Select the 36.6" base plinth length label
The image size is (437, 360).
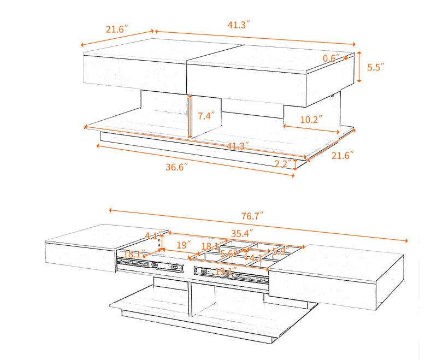pyautogui.click(x=180, y=167)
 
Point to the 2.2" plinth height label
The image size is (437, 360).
pyautogui.click(x=282, y=164)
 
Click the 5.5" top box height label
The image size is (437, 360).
pyautogui.click(x=375, y=67)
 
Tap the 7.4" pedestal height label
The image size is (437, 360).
pyautogui.click(x=206, y=116)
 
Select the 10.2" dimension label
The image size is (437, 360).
pyautogui.click(x=311, y=119)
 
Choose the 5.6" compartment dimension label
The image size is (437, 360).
pyautogui.click(x=229, y=253)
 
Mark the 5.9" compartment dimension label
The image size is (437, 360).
pyautogui.click(x=280, y=252)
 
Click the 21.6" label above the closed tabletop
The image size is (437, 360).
pyautogui.click(x=117, y=29)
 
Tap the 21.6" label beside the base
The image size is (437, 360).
pyautogui.click(x=343, y=155)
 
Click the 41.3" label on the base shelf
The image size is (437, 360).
pyautogui.click(x=238, y=146)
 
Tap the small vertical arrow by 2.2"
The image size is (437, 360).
pyautogui.click(x=296, y=164)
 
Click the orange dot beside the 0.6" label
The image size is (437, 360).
pyautogui.click(x=345, y=57)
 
